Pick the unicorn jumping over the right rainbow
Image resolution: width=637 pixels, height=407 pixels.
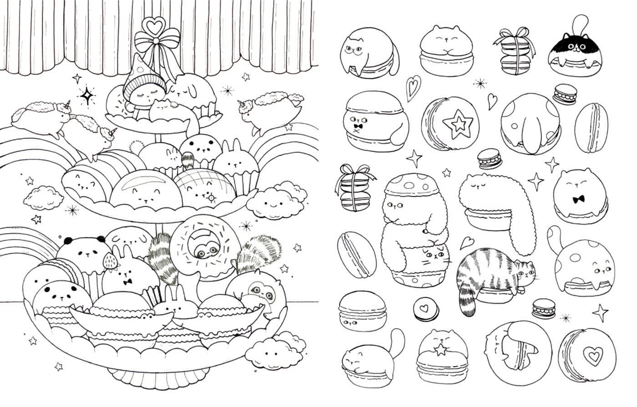pos(272,108)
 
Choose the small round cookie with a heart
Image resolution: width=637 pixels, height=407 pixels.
pos(426,309)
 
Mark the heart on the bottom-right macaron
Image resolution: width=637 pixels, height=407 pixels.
pos(592,356)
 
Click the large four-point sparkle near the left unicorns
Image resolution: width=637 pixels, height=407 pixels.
pos(86,96)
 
